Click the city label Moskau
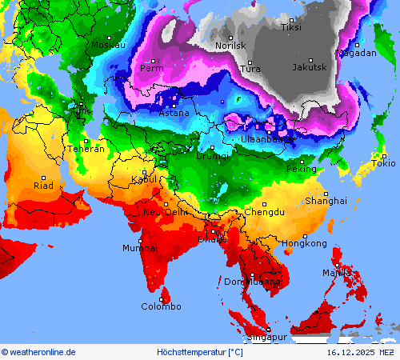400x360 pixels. coord(108,45)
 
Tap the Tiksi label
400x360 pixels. coord(291,27)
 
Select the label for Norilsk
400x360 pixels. coord(230,46)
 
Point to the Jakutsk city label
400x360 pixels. coord(309,67)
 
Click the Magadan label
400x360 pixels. coord(356,53)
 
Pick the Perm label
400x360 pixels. coord(151,68)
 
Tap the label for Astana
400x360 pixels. coord(174,113)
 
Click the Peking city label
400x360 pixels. coord(302,169)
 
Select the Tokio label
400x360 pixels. coord(383,164)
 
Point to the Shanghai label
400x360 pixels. coord(326,201)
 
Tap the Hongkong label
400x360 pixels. coord(304,242)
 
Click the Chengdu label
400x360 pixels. coord(264,212)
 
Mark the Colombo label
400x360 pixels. coord(161,306)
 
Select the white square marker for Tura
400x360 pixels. coord(250,62)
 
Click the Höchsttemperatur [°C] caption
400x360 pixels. coord(199,352)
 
